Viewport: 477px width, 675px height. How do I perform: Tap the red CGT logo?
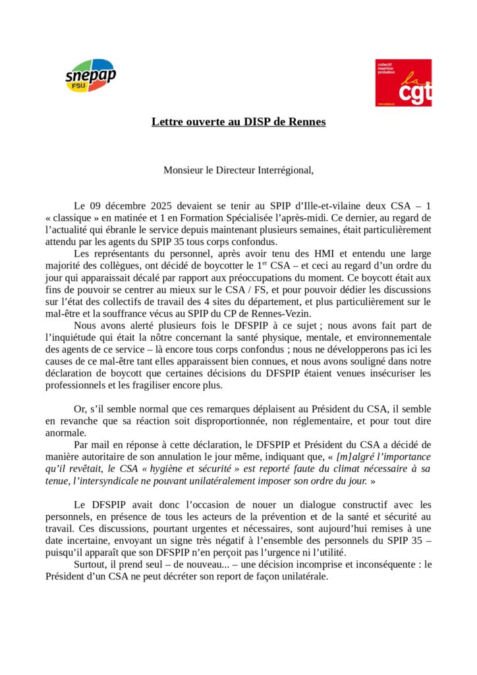[403, 82]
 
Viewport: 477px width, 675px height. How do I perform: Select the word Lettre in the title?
[168, 122]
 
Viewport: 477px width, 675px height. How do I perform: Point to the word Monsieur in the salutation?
[183, 170]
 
